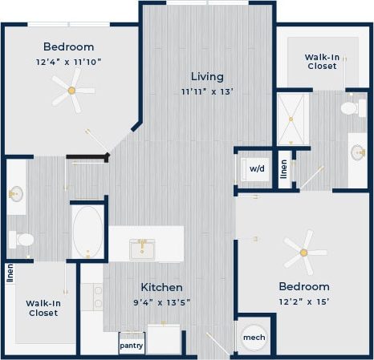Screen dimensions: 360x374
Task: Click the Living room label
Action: pos(206,76)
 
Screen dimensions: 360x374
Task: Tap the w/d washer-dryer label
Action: pos(256,169)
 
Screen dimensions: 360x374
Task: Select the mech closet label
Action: pos(254,338)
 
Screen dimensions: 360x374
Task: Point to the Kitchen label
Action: pos(161,287)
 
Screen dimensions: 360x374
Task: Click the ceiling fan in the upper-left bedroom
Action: pos(72,91)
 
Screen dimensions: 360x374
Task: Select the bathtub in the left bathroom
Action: pos(87,231)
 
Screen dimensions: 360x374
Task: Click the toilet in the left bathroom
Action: pos(23,239)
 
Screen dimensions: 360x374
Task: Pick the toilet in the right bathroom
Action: pos(351,108)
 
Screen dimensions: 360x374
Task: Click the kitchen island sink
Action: pos(145,249)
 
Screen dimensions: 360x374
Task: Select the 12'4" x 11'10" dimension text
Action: pos(68,61)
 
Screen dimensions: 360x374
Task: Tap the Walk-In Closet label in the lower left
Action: pos(43,308)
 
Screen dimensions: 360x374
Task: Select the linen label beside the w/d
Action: pos(283,169)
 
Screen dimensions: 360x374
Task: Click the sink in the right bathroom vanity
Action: pos(356,152)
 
